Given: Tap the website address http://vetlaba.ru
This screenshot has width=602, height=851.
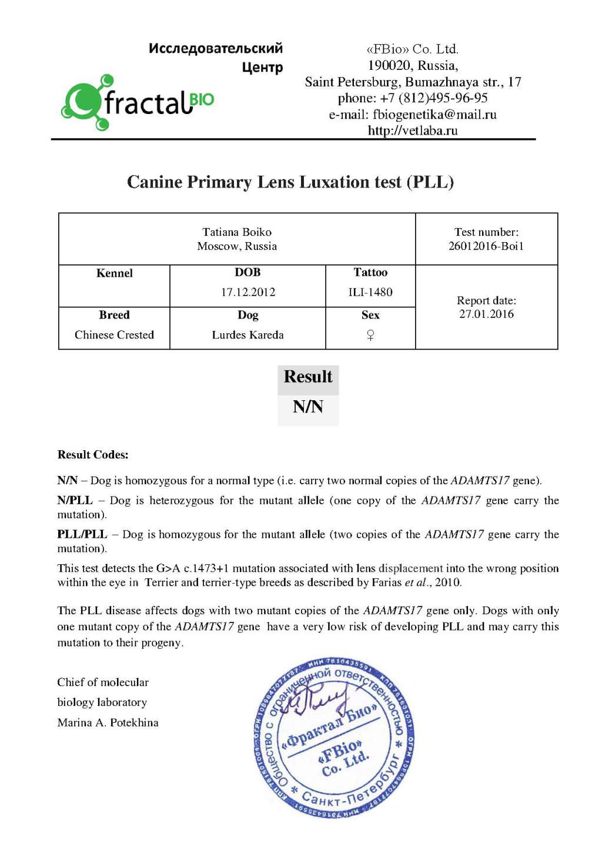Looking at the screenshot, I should click(412, 130).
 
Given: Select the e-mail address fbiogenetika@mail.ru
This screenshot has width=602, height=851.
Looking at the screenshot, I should click(434, 115).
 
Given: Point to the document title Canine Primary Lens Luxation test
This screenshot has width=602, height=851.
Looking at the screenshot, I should click(290, 182).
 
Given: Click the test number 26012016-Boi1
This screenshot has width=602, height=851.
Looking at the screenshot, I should click(486, 246).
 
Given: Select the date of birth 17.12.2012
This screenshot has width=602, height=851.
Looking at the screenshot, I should click(248, 292).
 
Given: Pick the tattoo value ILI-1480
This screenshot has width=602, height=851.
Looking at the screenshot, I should click(370, 292).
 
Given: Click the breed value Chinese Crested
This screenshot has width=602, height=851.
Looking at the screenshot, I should click(114, 335).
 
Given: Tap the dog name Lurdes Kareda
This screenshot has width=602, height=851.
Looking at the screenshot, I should click(248, 335).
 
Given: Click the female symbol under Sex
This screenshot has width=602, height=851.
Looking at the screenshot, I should click(370, 335).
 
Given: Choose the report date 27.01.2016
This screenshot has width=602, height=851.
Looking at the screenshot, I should click(486, 314).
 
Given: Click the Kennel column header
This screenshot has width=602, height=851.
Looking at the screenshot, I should click(114, 273).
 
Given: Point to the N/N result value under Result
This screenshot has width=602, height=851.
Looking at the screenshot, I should click(308, 407).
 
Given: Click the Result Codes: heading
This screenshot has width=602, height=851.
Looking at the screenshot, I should click(93, 455).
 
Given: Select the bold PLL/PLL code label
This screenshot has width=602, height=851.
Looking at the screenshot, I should click(82, 534).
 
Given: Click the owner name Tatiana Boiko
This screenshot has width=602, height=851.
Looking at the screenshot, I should click(237, 232).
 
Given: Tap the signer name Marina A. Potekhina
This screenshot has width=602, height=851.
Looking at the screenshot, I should click(108, 723).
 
